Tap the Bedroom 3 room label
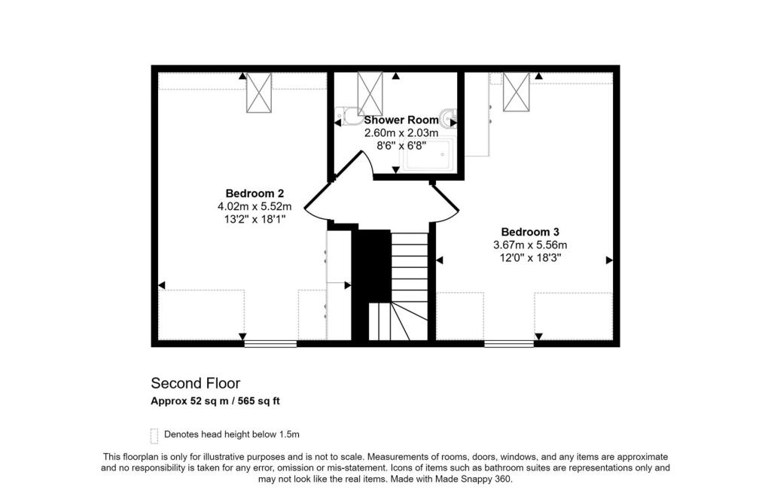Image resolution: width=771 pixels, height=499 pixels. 530,232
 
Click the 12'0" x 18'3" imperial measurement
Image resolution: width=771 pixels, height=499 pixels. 530,257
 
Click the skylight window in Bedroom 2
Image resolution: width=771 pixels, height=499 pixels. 258,93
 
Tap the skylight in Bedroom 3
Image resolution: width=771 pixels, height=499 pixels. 516,91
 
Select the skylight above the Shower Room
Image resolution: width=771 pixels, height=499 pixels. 370,93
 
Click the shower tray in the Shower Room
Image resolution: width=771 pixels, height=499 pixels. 428,155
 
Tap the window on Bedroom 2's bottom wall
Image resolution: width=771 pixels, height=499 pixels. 270,344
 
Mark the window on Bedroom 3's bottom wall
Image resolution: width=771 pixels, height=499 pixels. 509,344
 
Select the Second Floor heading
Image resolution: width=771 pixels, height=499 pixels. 196,384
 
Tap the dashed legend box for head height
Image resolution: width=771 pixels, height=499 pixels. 154,435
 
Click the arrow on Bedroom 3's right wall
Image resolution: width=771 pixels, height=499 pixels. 609,260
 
